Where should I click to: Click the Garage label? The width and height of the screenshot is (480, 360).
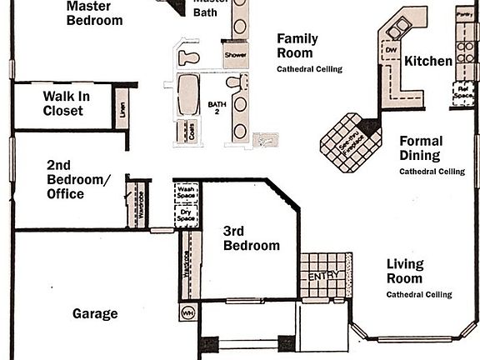pos(95,314)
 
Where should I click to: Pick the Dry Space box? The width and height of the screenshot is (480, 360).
pos(186,213)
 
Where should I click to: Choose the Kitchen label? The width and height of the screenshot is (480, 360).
pos(428,62)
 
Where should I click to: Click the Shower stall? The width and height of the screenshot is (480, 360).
pos(233,55)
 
